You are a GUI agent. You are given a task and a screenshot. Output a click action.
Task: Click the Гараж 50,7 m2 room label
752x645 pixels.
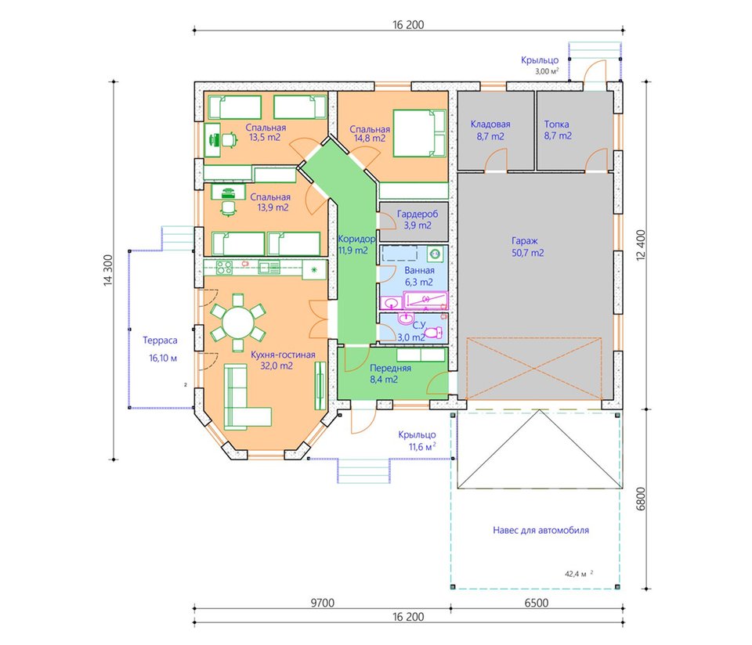[x=527, y=247]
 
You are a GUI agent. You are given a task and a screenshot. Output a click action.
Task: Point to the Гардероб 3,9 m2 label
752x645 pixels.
[x=418, y=219]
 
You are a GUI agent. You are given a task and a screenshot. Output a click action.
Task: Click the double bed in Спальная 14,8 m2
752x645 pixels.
[x=420, y=133]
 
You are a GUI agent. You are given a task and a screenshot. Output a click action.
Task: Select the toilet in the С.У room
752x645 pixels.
[x=433, y=333]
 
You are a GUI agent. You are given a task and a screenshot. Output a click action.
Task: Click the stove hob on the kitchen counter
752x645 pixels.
[x=223, y=268]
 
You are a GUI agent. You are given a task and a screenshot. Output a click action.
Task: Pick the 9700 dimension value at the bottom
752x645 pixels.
[x=322, y=603]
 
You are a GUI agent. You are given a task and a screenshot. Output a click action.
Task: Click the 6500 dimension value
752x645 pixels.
[x=536, y=603]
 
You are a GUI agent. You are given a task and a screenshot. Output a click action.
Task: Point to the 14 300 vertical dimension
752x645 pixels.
[x=108, y=271]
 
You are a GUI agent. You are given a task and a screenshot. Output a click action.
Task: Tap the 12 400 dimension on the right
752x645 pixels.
[x=642, y=245]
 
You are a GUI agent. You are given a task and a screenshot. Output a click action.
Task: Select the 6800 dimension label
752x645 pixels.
[x=642, y=499]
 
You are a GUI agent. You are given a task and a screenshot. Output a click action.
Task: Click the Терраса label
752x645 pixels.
[x=160, y=341]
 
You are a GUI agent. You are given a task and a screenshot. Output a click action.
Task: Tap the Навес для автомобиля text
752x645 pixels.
[x=541, y=530]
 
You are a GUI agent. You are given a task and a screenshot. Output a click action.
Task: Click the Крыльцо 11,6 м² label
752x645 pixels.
[x=417, y=441]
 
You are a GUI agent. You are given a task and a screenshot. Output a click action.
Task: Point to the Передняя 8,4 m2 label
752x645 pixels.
[x=390, y=374]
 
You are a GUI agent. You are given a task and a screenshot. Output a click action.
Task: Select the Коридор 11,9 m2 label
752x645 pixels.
[x=356, y=244]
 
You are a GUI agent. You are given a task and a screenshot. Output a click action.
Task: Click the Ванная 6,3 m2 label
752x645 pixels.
[x=419, y=276]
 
